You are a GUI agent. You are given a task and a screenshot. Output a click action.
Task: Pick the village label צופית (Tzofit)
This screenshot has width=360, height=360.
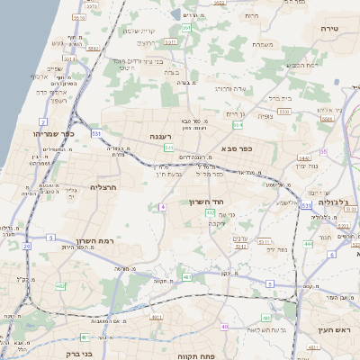(265, 115)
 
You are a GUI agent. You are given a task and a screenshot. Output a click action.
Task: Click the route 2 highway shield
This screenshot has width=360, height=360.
(42, 121)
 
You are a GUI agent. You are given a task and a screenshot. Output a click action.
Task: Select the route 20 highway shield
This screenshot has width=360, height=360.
(27, 245)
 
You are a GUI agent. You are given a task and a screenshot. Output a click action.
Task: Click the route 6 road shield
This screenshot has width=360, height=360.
(331, 255)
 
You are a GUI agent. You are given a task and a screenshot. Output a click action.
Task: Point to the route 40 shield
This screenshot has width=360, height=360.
(224, 327)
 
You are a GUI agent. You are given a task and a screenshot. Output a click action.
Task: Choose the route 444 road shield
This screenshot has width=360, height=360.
(308, 243)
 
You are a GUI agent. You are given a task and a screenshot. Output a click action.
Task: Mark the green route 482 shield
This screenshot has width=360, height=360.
(60, 286)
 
